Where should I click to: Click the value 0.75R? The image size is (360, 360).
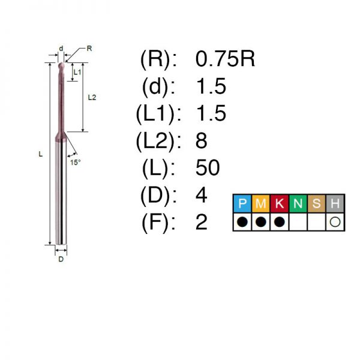(225, 59)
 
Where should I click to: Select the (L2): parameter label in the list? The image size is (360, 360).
(159, 140)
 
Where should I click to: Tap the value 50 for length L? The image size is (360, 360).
(208, 167)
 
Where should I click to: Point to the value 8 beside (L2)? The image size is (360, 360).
(201, 140)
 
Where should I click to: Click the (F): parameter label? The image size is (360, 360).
(159, 222)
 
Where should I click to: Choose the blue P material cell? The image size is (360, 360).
(242, 203)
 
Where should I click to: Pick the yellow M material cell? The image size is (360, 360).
(261, 203)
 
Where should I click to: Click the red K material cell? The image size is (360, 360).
(280, 203)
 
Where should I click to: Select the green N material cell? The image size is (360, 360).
(298, 203)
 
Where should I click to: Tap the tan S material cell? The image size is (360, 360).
(317, 203)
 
